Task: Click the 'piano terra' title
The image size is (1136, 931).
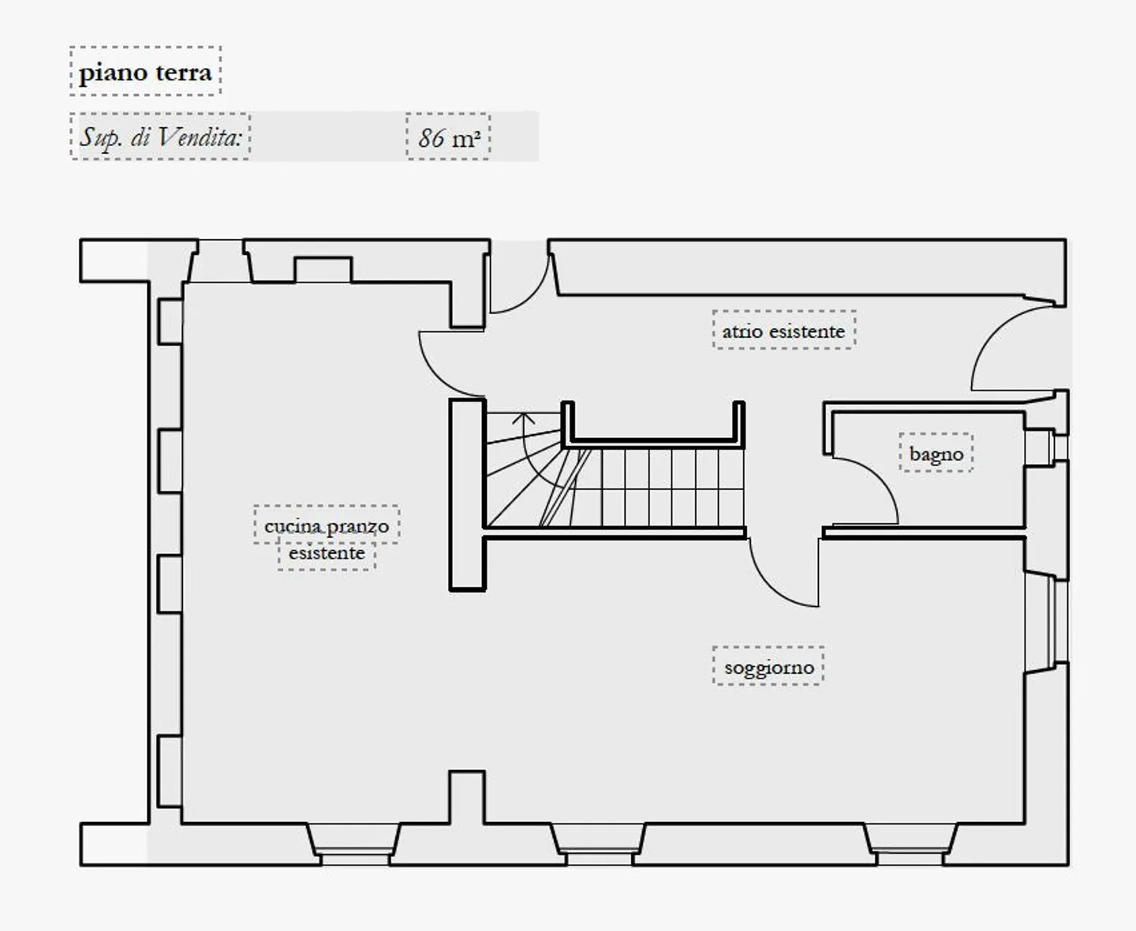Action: pyautogui.click(x=145, y=73)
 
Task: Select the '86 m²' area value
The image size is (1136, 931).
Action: pyautogui.click(x=449, y=138)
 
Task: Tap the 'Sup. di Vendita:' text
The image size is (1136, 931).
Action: pyautogui.click(x=160, y=137)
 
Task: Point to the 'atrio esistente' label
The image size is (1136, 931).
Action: pyautogui.click(x=783, y=331)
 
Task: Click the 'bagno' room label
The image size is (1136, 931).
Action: pyautogui.click(x=936, y=454)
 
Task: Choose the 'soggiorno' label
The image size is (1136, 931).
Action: pyautogui.click(x=768, y=667)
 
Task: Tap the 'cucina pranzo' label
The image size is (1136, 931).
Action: pyautogui.click(x=327, y=525)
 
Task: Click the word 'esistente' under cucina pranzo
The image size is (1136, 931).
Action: pyautogui.click(x=327, y=553)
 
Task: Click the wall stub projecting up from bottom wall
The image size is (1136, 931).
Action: pyautogui.click(x=467, y=798)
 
